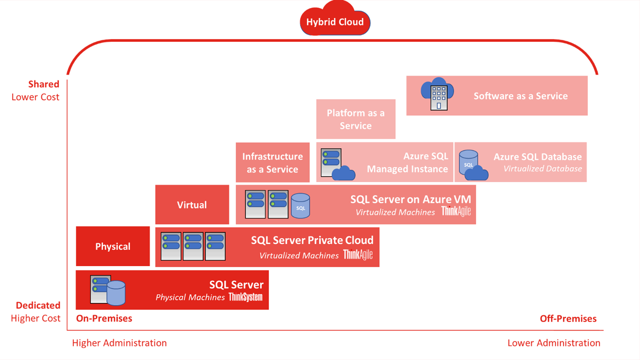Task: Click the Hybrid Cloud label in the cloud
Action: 335,22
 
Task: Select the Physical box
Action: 113,246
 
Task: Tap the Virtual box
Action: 192,205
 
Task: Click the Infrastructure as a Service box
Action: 273,163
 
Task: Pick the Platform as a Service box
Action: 356,119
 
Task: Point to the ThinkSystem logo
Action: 245,297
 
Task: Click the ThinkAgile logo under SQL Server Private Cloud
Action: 358,255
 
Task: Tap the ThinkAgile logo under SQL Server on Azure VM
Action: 456,211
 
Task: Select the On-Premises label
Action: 104,319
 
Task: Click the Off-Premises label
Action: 568,319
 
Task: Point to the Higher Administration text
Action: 119,343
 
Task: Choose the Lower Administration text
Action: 554,343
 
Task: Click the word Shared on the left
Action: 44,84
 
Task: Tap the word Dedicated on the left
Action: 38,305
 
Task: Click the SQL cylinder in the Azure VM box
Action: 300,206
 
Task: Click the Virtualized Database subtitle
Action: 543,169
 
